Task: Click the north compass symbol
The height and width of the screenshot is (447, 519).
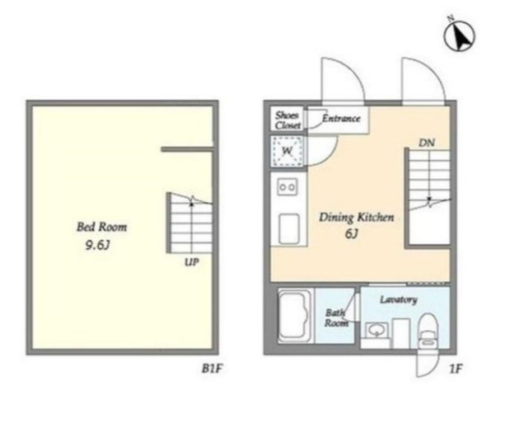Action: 459,35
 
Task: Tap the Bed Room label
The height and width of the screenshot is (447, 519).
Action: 101,227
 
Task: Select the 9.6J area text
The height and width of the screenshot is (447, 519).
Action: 97,245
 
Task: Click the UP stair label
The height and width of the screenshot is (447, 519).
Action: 192,262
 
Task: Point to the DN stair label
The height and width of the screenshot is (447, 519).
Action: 427,143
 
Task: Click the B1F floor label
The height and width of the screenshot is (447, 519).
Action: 212,368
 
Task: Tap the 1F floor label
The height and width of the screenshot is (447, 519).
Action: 456,369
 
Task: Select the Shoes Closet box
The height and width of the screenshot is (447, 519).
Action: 287,119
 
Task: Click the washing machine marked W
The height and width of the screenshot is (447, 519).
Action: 287,151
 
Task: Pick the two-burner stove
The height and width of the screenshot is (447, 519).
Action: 287,187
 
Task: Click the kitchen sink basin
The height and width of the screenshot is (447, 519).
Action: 289,229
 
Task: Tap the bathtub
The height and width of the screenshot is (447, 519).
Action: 295,315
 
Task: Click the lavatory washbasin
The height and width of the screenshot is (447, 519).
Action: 376,331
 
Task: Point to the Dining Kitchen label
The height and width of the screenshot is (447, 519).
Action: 357,218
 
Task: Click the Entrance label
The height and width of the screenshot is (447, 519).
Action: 341,118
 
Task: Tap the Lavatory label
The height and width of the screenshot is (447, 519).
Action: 399,299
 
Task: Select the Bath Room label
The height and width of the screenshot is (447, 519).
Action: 336,318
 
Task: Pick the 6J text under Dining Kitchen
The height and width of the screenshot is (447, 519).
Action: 352,233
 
